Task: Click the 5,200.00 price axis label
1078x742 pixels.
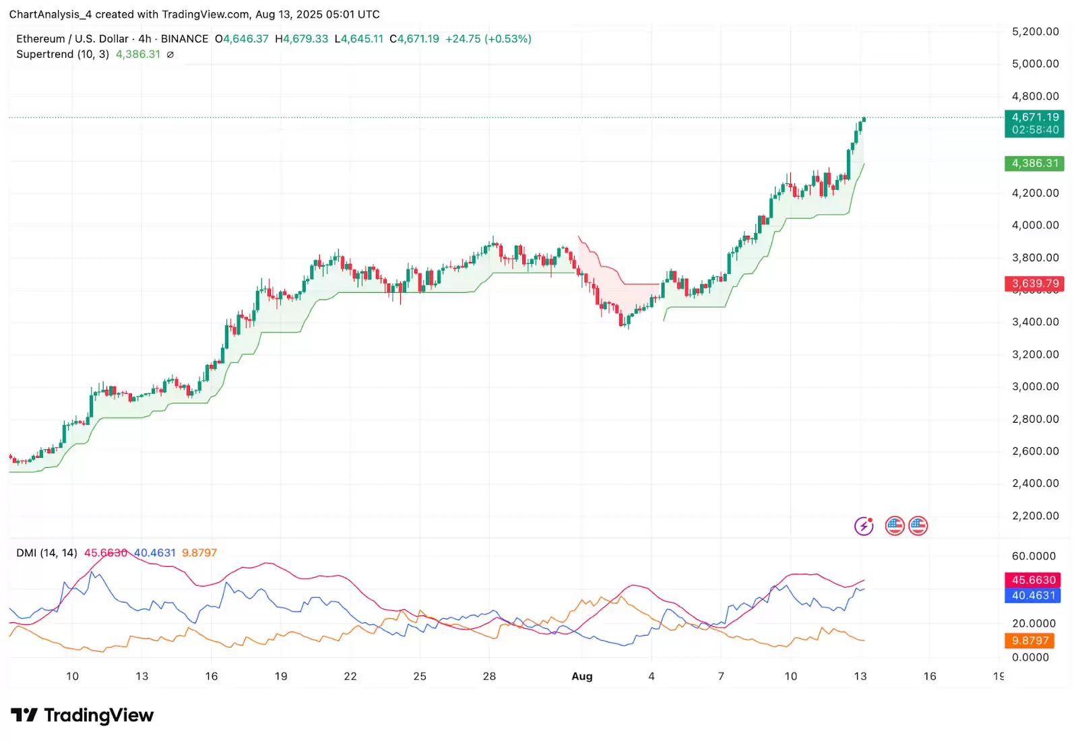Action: [1035, 32]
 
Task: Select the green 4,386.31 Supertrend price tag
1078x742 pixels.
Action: [1034, 164]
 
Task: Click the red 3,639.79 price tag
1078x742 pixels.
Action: [1034, 283]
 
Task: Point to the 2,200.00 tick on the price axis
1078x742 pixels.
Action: [1035, 516]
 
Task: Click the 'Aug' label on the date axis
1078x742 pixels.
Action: [582, 676]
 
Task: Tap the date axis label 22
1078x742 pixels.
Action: [350, 676]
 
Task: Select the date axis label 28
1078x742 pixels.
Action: [490, 676]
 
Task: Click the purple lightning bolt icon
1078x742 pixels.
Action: [864, 526]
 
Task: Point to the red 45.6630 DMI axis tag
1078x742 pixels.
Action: [1033, 580]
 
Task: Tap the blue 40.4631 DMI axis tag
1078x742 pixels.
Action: [1033, 595]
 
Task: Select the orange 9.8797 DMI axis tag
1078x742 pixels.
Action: [1030, 640]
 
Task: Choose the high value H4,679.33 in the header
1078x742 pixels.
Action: [302, 39]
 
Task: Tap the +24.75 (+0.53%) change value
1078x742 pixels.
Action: [488, 39]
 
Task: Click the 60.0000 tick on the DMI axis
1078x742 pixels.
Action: [1034, 556]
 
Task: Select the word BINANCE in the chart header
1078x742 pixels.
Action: [185, 39]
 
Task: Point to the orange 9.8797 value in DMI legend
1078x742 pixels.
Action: [199, 553]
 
